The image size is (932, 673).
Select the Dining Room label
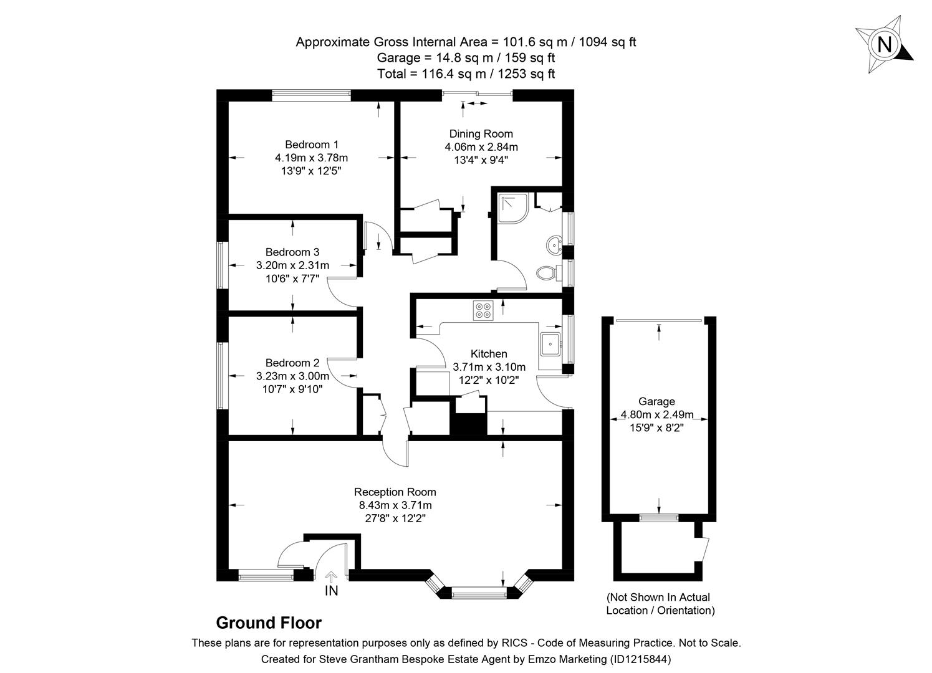[481, 133]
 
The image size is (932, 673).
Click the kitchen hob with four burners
[483, 310]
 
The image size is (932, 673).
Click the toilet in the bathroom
[547, 273]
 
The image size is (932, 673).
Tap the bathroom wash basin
[553, 245]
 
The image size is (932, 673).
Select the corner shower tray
[512, 207]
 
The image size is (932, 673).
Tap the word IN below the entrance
[331, 591]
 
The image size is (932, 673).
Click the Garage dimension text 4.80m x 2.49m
[656, 414]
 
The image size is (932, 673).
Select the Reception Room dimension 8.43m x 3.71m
[395, 505]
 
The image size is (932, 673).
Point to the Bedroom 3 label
[292, 252]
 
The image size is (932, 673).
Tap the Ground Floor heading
[269, 623]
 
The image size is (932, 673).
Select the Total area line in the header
[466, 74]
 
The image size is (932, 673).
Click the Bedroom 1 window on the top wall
[310, 95]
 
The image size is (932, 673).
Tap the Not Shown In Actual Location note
[660, 604]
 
